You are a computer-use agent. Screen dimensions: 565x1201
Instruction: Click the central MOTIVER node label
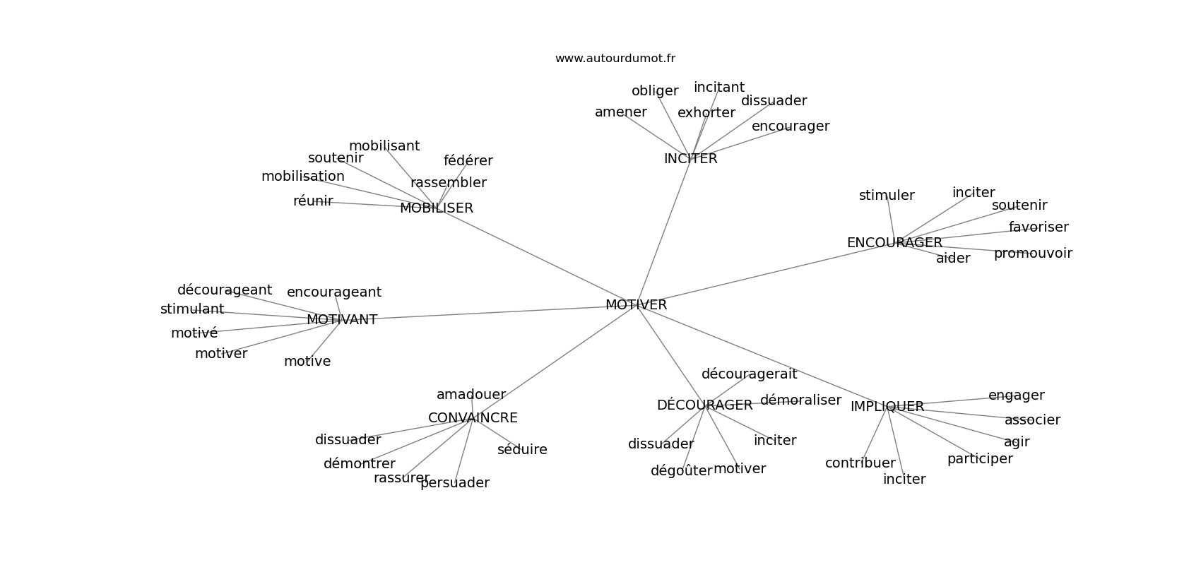click(636, 305)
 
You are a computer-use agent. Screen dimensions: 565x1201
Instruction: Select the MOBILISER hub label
click(436, 208)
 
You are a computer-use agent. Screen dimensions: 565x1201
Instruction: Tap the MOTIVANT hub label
click(342, 320)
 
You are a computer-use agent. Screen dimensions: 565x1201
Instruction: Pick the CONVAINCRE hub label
click(473, 418)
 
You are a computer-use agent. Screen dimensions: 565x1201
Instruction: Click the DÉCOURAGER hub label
click(704, 405)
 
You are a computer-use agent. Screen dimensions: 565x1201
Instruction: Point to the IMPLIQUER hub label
click(887, 407)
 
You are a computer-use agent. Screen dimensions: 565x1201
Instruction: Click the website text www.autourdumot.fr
click(615, 59)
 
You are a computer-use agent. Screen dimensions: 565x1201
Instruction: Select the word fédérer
click(468, 161)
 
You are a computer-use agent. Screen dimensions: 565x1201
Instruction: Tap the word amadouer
click(471, 395)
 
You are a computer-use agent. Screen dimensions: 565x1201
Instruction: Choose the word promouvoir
click(1033, 254)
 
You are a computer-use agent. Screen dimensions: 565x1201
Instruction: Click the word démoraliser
click(800, 400)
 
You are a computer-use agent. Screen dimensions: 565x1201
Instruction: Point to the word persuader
click(454, 483)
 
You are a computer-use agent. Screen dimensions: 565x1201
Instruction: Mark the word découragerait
click(749, 374)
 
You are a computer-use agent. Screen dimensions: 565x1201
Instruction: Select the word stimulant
click(191, 309)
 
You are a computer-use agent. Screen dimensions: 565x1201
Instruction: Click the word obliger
click(654, 91)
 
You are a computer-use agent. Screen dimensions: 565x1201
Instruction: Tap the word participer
click(979, 459)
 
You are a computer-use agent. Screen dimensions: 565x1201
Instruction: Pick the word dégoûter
click(681, 471)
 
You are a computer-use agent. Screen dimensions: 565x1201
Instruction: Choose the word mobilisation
click(302, 177)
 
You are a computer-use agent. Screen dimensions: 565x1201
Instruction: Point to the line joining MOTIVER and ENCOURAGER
click(763, 275)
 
